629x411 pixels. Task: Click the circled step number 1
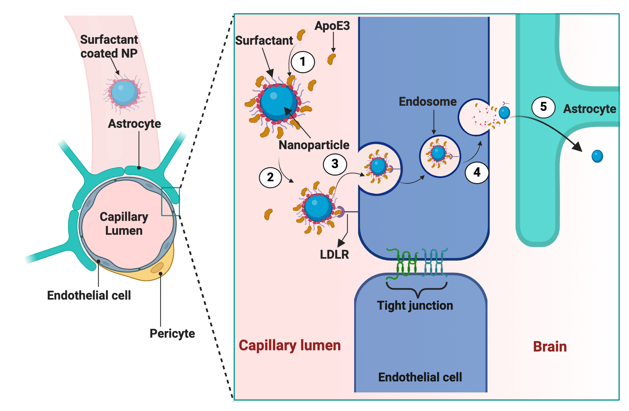click(303, 62)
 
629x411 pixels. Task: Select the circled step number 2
click(270, 177)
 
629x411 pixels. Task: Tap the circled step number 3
click(335, 164)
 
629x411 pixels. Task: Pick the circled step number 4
click(477, 172)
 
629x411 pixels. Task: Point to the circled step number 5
click(543, 107)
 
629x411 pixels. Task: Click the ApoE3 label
click(332, 26)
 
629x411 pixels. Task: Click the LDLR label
click(334, 254)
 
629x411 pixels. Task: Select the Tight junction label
click(415, 306)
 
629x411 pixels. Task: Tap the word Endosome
click(428, 102)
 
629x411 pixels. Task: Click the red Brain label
click(550, 346)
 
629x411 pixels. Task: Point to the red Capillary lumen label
click(290, 346)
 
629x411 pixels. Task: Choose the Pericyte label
click(172, 334)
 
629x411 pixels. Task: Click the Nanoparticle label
click(314, 145)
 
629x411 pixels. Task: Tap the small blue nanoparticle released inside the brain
click(597, 156)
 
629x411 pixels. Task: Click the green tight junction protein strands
click(402, 264)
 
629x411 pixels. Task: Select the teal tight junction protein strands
click(434, 263)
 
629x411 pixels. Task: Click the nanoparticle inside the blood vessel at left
click(125, 93)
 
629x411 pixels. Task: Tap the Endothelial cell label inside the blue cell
click(420, 377)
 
